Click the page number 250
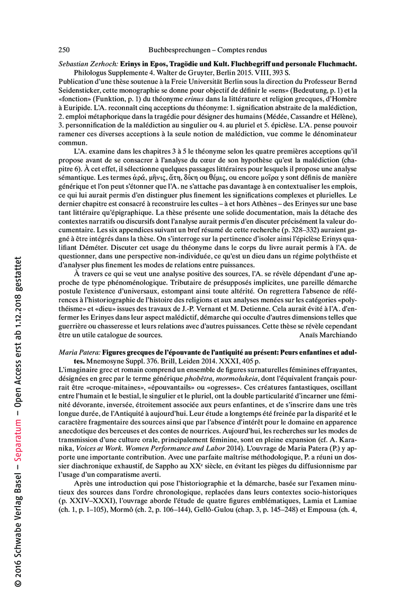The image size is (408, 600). [64, 50]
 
